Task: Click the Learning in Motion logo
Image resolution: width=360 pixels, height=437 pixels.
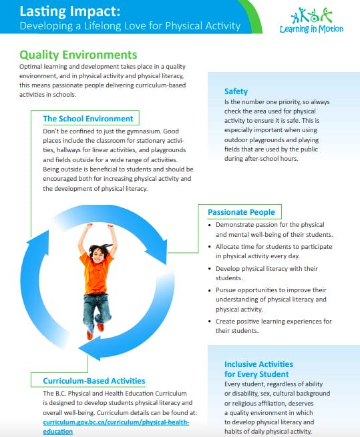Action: click(x=317, y=21)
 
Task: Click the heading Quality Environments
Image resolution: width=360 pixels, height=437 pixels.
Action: click(x=78, y=55)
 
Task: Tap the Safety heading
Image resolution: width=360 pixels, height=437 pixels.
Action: click(x=236, y=91)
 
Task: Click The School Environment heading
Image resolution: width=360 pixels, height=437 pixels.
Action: click(x=87, y=119)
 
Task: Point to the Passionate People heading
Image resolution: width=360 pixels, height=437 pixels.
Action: click(x=240, y=212)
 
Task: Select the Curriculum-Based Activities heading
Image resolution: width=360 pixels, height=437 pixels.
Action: click(x=94, y=381)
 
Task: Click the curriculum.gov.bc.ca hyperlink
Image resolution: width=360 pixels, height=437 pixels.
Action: click(x=116, y=422)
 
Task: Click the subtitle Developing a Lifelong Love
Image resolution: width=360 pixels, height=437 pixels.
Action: click(x=130, y=26)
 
